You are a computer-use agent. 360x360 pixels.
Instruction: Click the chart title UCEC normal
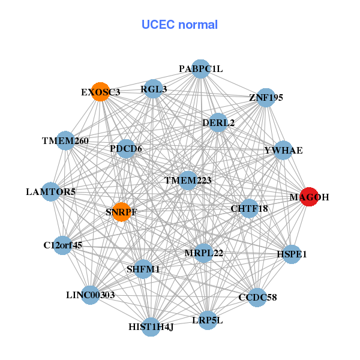pos(179,25)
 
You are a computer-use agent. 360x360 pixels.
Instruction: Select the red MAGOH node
pos(308,197)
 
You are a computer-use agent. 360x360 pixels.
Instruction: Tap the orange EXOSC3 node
pos(101,92)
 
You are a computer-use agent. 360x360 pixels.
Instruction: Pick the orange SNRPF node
pos(122,212)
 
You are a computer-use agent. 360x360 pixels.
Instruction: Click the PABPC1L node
pos(201,69)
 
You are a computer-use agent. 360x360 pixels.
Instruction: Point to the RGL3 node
pos(154,90)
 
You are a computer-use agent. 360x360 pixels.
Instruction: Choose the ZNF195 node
pos(266,97)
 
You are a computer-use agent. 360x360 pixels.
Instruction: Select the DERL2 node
pos(218,122)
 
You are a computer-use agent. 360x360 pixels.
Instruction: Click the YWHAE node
pos(283,150)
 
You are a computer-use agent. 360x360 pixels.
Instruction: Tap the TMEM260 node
pos(65,141)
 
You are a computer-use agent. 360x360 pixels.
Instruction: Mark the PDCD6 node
pos(126,148)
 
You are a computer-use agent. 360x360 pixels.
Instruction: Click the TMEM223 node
pos(188,180)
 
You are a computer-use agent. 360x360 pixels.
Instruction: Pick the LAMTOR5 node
pos(51,192)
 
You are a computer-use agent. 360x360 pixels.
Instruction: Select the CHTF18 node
pos(249,209)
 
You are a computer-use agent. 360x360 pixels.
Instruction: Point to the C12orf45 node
pos(62,245)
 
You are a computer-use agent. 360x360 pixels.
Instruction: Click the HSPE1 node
pos(292,254)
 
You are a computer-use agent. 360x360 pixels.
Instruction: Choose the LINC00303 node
pos(90,295)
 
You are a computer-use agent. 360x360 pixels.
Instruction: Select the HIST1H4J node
pos(151,326)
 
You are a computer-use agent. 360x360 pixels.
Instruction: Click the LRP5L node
pos(207,320)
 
